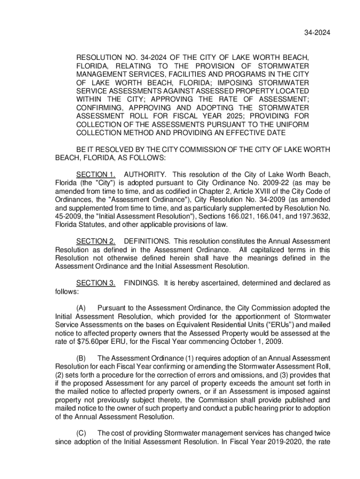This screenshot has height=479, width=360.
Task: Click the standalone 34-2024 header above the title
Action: pyautogui.click(x=318, y=32)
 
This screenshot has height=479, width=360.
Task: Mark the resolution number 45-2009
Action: pyautogui.click(x=70, y=216)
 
